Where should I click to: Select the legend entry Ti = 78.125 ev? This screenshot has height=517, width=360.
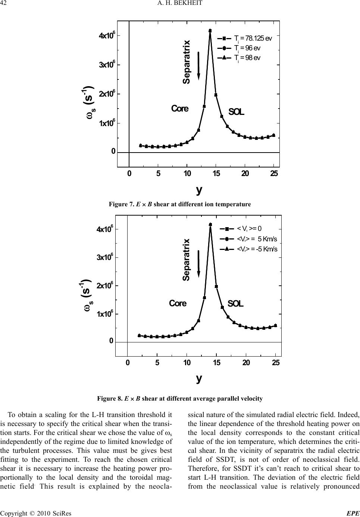(x=253, y=38)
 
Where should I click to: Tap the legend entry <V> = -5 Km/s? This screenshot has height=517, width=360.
(x=257, y=249)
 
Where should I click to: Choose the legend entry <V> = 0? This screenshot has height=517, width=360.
(x=249, y=229)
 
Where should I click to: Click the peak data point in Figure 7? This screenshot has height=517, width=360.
(x=210, y=31)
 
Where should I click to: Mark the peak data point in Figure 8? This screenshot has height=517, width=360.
(x=210, y=225)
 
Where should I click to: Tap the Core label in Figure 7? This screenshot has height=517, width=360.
(x=180, y=109)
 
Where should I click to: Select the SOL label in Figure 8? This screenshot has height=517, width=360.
(x=235, y=304)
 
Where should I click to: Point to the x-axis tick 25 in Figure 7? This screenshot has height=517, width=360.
(x=274, y=173)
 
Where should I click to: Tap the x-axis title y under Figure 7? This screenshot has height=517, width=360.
(x=199, y=189)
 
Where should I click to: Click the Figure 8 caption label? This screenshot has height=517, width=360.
(x=110, y=398)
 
